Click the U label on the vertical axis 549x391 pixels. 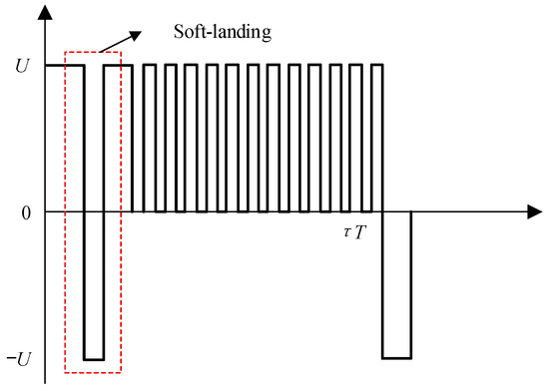[x=23, y=66]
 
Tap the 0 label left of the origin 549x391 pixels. [x=23, y=212]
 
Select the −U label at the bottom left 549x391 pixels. [x=20, y=358]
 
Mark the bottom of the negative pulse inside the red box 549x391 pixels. [x=94, y=358]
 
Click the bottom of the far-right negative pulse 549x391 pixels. [x=396, y=358]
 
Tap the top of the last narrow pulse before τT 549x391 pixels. [x=377, y=65]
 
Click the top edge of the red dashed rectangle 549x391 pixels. [x=92, y=52]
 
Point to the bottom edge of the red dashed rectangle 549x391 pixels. [x=92, y=374]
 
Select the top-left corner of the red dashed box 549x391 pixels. [x=64, y=52]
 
